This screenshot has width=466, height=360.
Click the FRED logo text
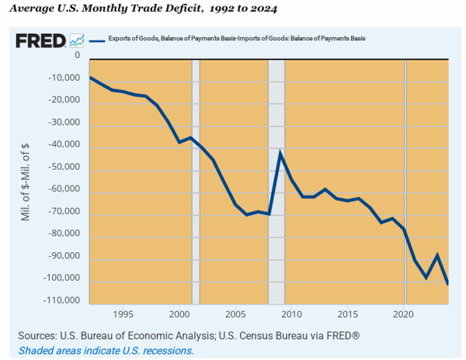pos(40,40)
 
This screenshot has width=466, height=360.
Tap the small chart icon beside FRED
pos(77,40)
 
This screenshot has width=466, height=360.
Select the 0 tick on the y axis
pos(77,56)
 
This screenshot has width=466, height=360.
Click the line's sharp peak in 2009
pos(280,151)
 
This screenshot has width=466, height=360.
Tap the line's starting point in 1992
pos(90,77)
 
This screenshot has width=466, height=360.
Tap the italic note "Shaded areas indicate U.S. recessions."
pos(106,351)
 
